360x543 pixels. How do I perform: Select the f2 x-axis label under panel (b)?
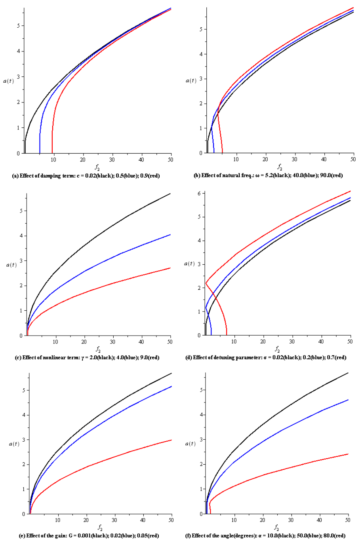point(280,167)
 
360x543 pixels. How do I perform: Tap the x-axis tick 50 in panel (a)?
point(171,160)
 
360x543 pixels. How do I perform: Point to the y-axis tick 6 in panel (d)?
point(200,193)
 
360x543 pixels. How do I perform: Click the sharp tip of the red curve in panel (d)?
point(206,283)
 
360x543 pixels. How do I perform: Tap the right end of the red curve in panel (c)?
point(170,268)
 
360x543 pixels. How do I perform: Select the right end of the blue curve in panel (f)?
point(348,400)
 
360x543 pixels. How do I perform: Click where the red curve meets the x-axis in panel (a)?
point(52,153)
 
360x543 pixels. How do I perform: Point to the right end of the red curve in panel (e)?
point(171,440)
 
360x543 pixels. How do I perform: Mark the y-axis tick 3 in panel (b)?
point(201,79)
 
